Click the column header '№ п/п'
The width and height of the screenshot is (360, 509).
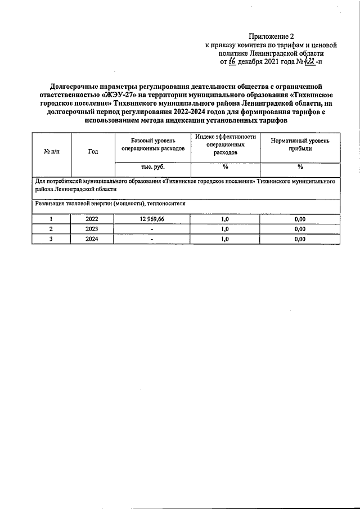click(51, 151)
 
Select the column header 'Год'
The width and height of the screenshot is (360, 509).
click(93, 151)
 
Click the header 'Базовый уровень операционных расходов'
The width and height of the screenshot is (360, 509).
click(152, 145)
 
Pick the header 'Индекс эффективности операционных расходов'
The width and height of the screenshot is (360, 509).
click(225, 145)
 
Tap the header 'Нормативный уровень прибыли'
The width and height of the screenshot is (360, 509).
click(300, 145)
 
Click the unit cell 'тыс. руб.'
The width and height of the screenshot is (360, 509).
click(152, 168)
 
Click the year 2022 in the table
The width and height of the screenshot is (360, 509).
click(92, 219)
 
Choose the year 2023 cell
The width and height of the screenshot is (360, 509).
click(92, 229)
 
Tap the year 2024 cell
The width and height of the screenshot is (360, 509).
click(92, 238)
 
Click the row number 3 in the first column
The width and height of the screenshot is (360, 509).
click(51, 238)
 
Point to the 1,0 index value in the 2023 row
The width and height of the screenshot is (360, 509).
click(225, 229)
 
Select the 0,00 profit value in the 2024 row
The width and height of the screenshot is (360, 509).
click(300, 238)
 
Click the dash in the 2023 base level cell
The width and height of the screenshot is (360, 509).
click(152, 229)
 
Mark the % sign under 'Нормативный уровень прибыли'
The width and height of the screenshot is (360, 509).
click(300, 168)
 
